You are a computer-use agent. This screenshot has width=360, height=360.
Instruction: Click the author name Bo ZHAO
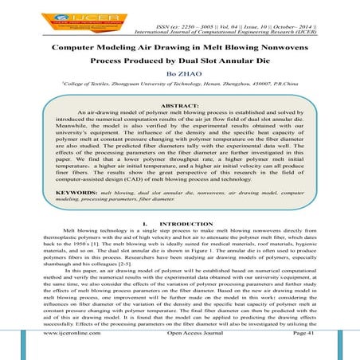coord(180,78)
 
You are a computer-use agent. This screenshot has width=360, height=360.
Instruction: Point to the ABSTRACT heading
coord(180,106)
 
